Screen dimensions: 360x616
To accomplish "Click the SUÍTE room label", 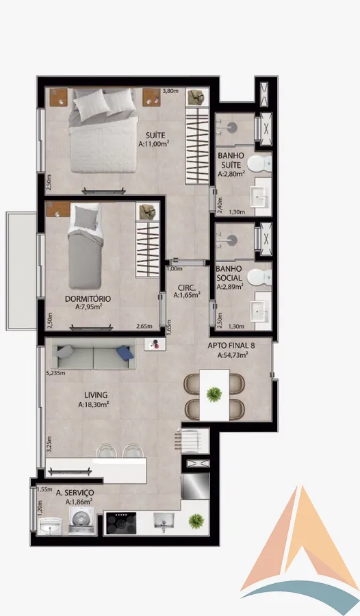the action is (155, 136).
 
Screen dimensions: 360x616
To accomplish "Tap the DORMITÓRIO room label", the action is (88, 298).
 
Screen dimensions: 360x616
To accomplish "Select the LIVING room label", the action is (96, 395).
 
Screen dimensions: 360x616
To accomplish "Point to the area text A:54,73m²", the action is (233, 355).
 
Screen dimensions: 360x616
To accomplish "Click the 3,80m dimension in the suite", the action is (170, 91).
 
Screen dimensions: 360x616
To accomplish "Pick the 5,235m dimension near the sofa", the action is (55, 373).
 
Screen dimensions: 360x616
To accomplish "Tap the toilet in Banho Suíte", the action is (260, 163).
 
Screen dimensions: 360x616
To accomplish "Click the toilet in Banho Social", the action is (260, 277).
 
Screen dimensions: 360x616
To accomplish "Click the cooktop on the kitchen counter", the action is (121, 523).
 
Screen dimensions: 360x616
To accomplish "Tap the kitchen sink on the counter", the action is (164, 521).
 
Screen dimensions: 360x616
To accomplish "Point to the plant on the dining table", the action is (214, 394).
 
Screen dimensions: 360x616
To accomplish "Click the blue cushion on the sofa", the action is (125, 352).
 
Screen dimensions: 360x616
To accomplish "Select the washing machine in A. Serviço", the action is (81, 521).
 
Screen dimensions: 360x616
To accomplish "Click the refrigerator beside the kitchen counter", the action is (195, 487).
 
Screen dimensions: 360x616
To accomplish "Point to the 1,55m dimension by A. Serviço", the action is (44, 489).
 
